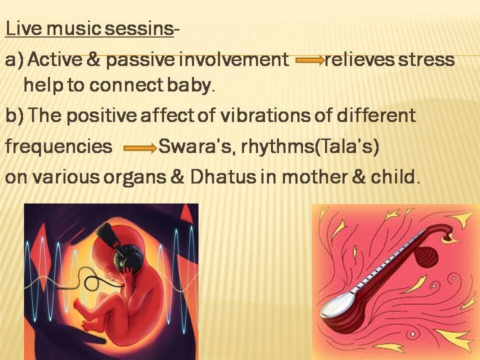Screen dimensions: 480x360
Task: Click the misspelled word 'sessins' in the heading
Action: tap(139, 28)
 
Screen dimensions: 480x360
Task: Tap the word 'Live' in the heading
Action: tap(23, 28)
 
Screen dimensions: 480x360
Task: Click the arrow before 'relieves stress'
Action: tap(310, 60)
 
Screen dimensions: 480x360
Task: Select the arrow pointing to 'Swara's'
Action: tap(140, 148)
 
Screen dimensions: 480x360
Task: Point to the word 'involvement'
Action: tap(233, 59)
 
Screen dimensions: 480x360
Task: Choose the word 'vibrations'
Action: tap(264, 115)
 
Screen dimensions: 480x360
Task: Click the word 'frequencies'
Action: tap(59, 146)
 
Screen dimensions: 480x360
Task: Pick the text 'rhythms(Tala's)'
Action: tap(310, 146)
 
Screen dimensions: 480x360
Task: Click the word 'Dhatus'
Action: tap(223, 176)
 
